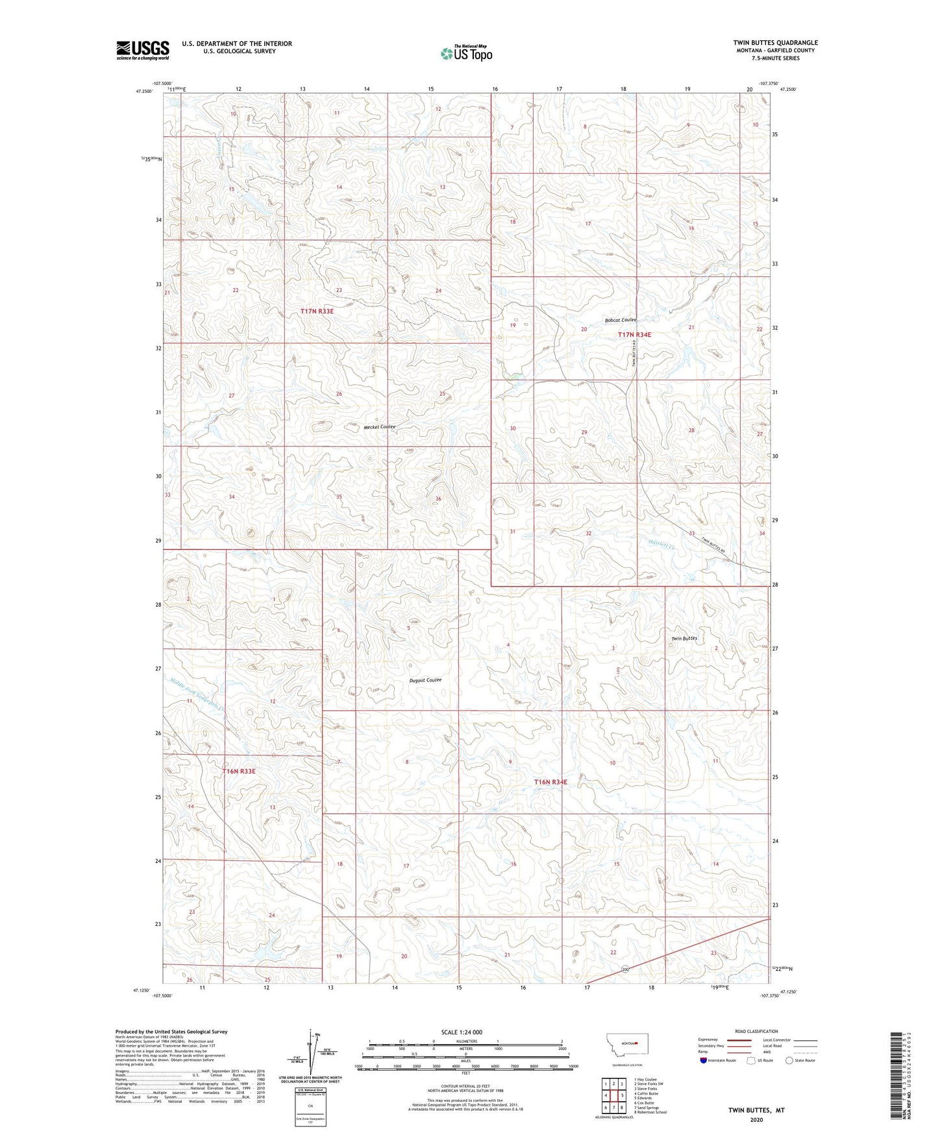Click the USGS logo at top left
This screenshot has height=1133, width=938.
(143, 50)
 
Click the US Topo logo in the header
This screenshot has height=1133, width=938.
(465, 53)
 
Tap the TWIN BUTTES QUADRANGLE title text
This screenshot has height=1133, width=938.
(775, 43)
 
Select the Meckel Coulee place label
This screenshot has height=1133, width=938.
(379, 427)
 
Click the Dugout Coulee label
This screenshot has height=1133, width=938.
(425, 680)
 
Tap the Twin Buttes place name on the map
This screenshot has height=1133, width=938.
(684, 639)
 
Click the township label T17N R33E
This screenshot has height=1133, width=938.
(317, 311)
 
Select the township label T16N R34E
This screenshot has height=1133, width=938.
(550, 782)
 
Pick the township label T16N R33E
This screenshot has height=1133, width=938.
(240, 772)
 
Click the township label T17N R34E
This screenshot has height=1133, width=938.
(634, 335)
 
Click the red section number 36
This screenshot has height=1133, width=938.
(438, 499)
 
